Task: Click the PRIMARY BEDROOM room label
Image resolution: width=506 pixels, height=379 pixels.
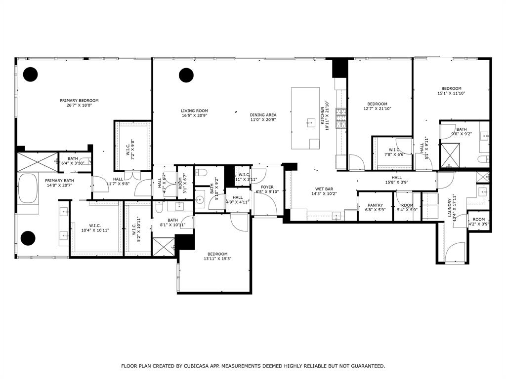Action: (x=79, y=100)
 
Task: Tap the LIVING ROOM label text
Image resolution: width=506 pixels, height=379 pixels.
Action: (x=194, y=111)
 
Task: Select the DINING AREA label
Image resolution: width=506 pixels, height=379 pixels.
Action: (x=263, y=114)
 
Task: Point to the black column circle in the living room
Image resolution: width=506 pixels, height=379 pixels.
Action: (x=186, y=75)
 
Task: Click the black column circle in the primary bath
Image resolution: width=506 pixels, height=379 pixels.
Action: (x=28, y=238)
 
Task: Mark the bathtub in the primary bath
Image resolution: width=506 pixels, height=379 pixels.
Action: (x=28, y=189)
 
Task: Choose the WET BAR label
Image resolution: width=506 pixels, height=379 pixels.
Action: (x=324, y=189)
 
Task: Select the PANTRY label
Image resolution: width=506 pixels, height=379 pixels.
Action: (x=375, y=205)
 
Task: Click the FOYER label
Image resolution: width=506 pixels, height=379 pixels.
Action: (x=267, y=188)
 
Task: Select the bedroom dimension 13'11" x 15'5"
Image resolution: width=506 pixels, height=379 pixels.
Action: (x=217, y=259)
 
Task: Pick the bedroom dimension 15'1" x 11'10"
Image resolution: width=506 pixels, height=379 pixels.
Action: (x=451, y=93)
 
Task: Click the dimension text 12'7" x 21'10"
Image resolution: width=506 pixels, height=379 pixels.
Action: (x=377, y=109)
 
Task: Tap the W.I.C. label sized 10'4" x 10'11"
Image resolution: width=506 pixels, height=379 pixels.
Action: (x=95, y=230)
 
